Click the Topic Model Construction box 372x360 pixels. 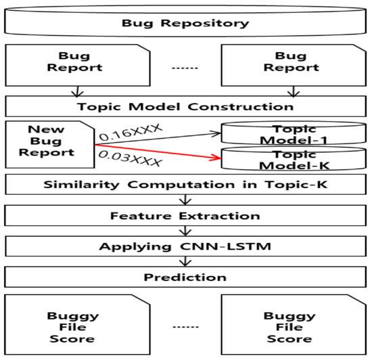185,106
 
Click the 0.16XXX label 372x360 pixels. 128,131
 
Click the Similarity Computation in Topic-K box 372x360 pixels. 185,185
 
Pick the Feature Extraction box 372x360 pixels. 185,216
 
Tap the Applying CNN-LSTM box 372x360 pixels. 185,247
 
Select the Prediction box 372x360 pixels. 185,277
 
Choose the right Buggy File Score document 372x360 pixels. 289,326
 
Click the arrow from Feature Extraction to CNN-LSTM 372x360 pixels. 185,231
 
